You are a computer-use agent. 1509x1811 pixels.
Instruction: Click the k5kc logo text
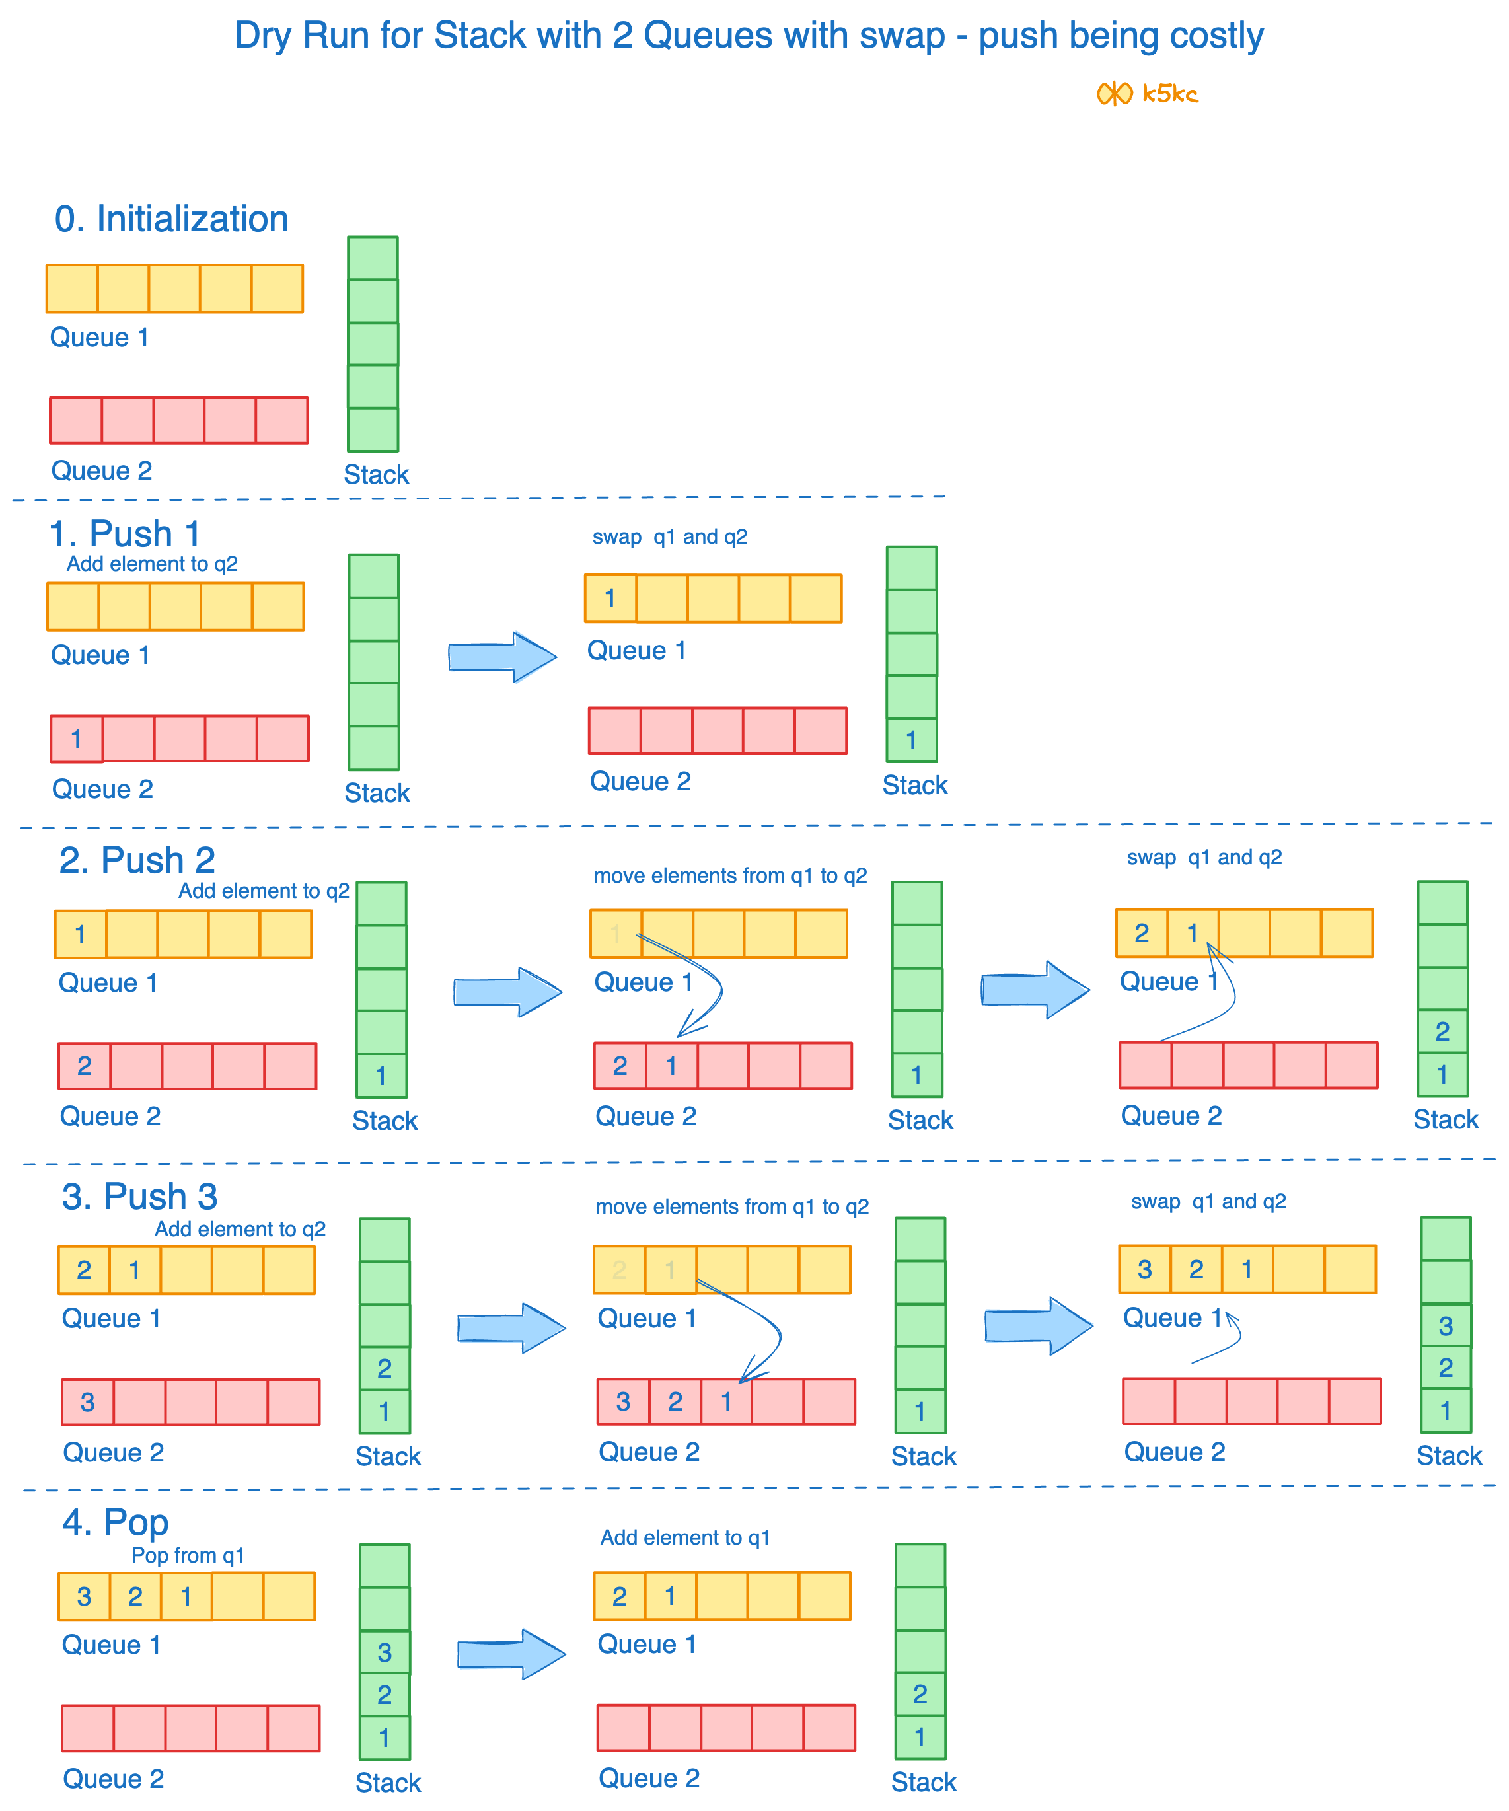point(1169,93)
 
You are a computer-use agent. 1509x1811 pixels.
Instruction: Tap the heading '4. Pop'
point(116,1522)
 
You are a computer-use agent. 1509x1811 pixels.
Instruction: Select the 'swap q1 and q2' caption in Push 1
point(669,536)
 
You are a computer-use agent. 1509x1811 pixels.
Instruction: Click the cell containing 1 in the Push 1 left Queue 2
point(77,739)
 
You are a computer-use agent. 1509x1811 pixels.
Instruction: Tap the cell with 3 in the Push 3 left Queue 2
point(87,1402)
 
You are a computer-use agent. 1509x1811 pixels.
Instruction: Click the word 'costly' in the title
point(1216,36)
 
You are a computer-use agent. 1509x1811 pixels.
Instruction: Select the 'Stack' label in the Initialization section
point(376,474)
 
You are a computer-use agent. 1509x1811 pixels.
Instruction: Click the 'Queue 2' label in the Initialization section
point(102,471)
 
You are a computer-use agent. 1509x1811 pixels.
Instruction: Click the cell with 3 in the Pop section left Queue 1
point(84,1596)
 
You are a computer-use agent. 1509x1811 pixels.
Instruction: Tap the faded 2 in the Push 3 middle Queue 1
point(619,1269)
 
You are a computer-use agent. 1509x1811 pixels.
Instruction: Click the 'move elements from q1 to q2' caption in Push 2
point(730,875)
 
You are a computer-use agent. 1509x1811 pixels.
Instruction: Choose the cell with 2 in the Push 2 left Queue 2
point(85,1066)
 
